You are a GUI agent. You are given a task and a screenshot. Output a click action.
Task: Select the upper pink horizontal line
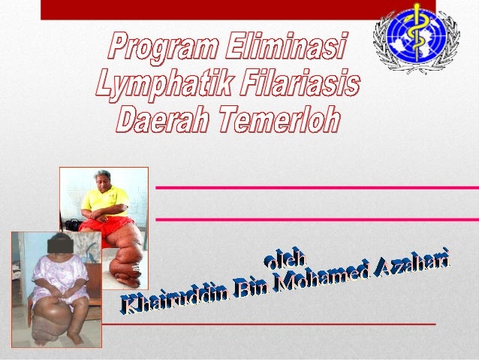click(x=315, y=186)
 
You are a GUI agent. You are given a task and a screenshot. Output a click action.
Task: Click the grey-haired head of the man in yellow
click(x=103, y=178)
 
